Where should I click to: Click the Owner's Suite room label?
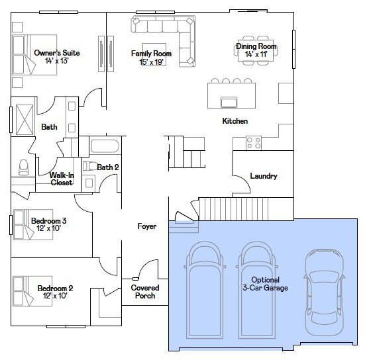[57, 53]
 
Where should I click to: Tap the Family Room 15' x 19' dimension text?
[151, 62]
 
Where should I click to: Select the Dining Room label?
[256, 46]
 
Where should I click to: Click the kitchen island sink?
[229, 103]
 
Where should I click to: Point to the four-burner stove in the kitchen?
[254, 143]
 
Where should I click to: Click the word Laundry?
[264, 176]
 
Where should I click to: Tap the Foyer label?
[147, 226]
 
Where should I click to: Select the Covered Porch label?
[145, 292]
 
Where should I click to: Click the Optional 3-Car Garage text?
[265, 284]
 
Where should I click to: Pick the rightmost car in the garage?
[325, 292]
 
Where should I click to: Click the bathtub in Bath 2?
[105, 146]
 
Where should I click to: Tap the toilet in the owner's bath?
[23, 167]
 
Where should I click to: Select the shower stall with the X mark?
[25, 120]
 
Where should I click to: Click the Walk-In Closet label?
[62, 179]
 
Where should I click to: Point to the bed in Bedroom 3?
[33, 224]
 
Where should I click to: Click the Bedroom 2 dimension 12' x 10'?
[55, 296]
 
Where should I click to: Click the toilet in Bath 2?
[89, 166]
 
